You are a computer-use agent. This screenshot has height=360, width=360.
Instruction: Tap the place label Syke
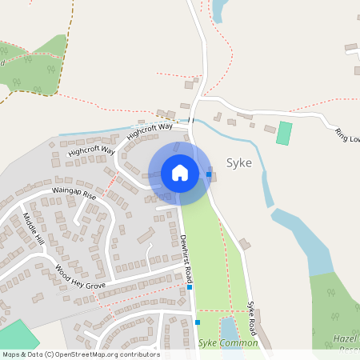point(239,162)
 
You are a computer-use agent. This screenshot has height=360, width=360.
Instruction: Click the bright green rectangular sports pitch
point(284,133)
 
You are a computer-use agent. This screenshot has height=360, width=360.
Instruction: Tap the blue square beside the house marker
point(209,174)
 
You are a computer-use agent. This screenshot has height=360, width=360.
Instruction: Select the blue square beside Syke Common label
point(198,322)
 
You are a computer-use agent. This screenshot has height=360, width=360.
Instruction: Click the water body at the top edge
point(218,9)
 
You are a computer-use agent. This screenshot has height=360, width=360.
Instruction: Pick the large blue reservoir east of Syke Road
point(308,240)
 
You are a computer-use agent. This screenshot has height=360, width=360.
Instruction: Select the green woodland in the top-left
point(36,64)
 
